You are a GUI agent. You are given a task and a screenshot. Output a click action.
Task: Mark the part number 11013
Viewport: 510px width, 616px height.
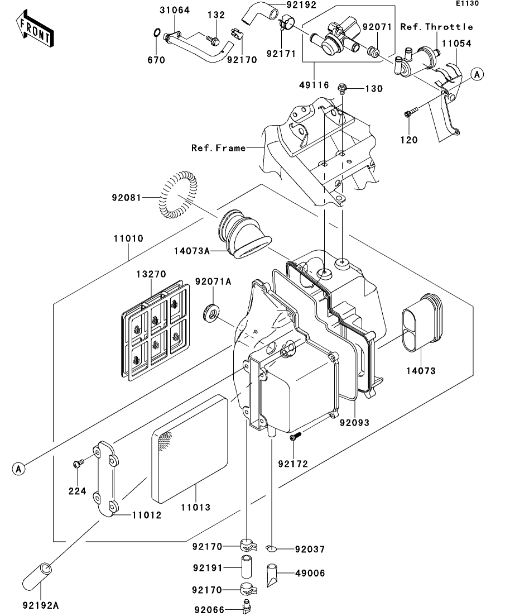point(195,507)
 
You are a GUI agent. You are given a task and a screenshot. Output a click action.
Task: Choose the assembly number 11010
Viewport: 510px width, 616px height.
point(128,238)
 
